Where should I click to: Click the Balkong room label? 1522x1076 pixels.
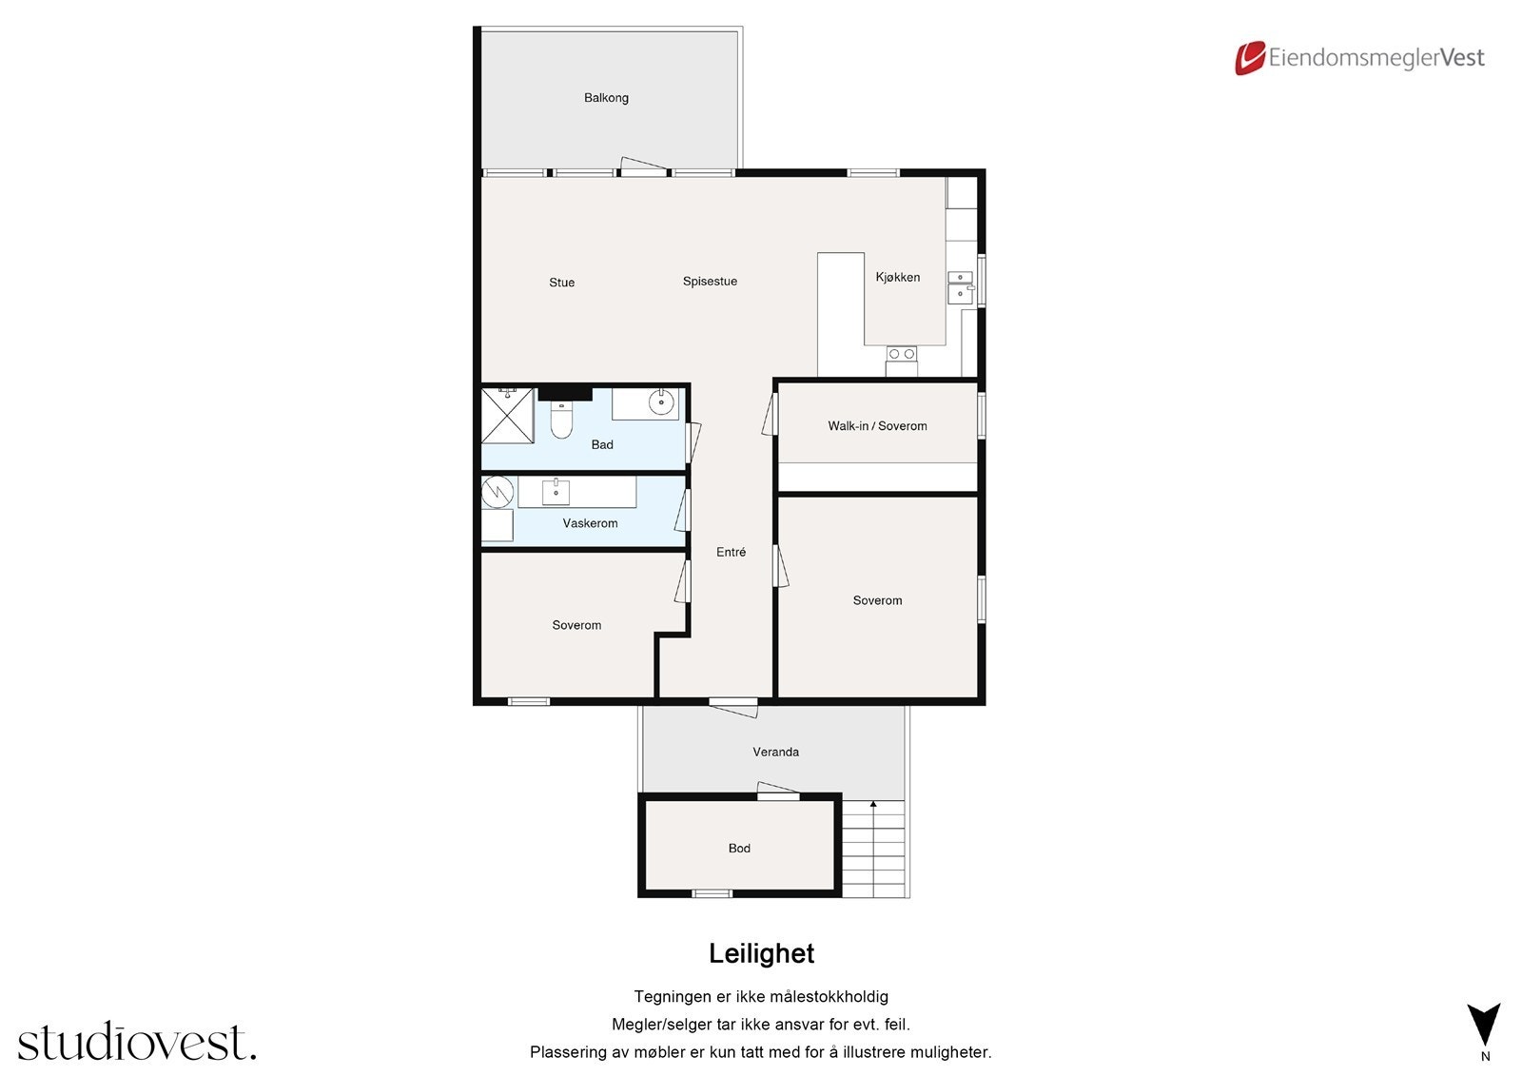tap(606, 98)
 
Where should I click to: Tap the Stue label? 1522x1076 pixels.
tap(562, 283)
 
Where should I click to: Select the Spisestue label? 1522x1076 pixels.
tap(710, 282)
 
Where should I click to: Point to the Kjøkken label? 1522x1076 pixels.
tap(898, 278)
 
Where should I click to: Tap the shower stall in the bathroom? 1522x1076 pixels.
tap(508, 416)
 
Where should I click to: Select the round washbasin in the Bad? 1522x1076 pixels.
tap(661, 401)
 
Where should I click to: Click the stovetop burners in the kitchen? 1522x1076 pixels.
tap(902, 354)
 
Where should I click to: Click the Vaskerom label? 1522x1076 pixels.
tap(590, 523)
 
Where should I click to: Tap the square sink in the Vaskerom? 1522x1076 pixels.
tap(556, 492)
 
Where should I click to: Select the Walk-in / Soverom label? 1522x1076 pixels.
tap(877, 426)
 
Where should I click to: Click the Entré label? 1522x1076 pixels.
tap(732, 552)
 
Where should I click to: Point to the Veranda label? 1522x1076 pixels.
tap(775, 752)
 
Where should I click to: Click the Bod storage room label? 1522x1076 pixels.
tap(739, 849)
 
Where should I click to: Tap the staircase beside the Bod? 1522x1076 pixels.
tap(874, 849)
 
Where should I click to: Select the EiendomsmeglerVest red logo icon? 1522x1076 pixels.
tap(1250, 58)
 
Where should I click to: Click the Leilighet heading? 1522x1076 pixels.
tap(761, 953)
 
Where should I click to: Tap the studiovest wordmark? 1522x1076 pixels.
tap(137, 1041)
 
